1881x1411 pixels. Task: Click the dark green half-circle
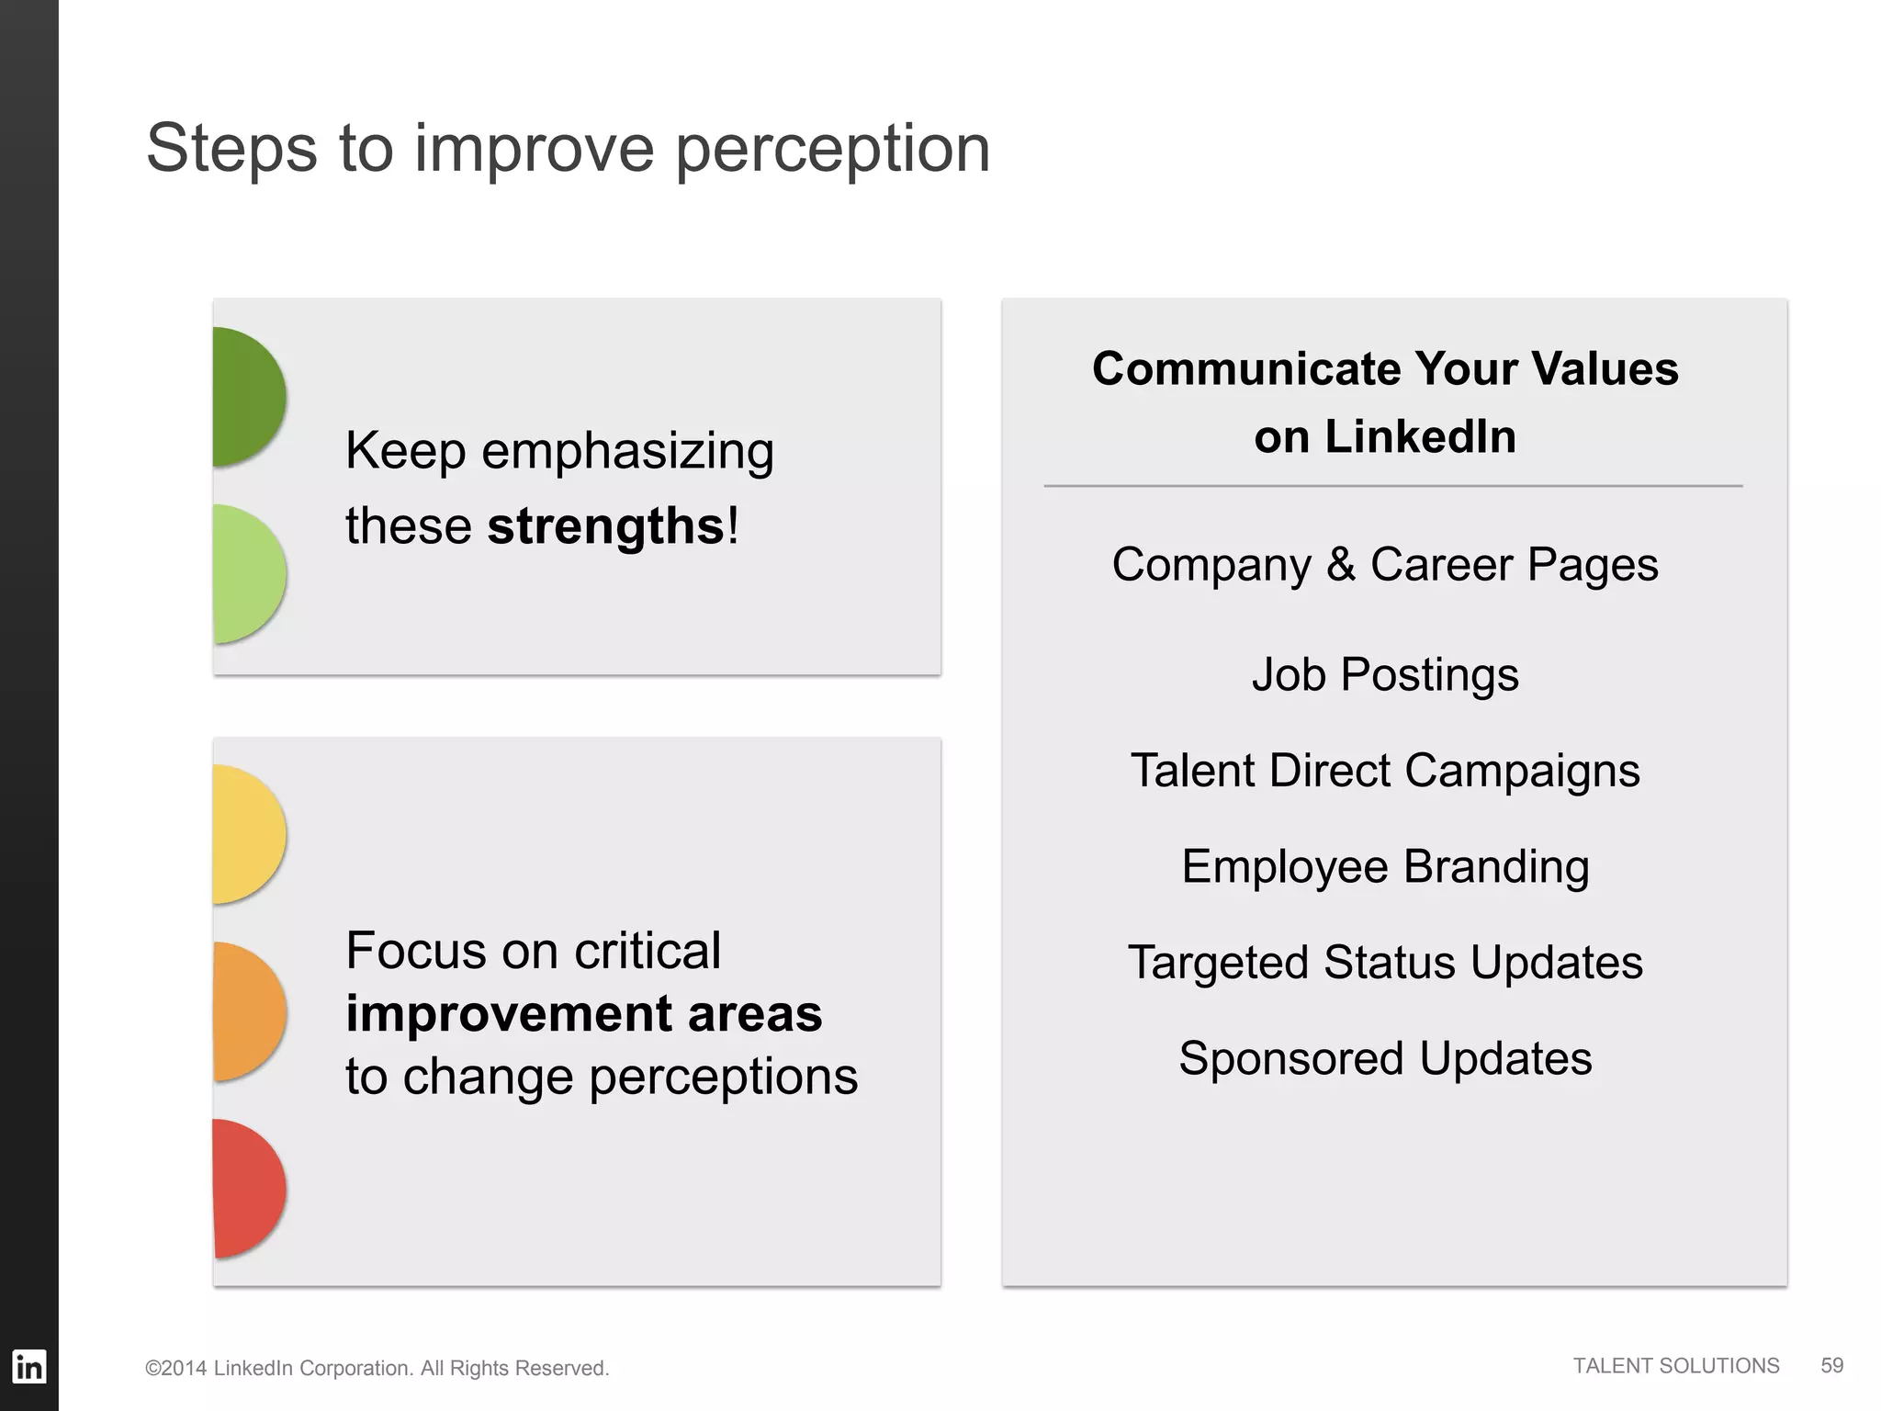click(x=246, y=397)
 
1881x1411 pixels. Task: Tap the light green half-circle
click(x=246, y=574)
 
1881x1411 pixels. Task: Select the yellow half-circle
click(x=246, y=834)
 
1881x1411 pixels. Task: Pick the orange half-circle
click(x=246, y=1011)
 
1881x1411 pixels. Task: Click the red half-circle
click(x=246, y=1189)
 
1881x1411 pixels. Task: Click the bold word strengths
click(x=606, y=526)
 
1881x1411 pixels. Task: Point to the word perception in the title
click(x=833, y=149)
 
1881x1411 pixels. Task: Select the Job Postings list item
click(x=1385, y=675)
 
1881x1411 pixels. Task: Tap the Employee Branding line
click(x=1385, y=867)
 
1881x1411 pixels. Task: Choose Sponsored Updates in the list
click(x=1385, y=1058)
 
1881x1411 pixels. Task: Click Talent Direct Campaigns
click(x=1385, y=771)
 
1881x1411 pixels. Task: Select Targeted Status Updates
click(x=1385, y=963)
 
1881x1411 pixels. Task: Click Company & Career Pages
click(x=1385, y=565)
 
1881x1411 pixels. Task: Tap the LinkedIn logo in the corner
click(x=28, y=1367)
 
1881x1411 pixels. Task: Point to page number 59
click(x=1831, y=1366)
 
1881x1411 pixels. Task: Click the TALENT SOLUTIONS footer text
click(x=1675, y=1366)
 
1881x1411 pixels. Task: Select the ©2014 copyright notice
click(x=377, y=1369)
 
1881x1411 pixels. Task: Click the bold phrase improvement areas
click(x=584, y=1014)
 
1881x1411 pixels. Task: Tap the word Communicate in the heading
click(x=1245, y=369)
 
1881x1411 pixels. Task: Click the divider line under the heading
click(x=1392, y=485)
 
